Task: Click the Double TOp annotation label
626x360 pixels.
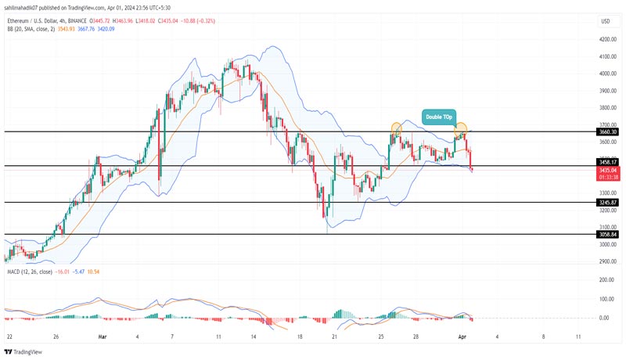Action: point(439,117)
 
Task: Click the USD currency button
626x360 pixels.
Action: point(604,20)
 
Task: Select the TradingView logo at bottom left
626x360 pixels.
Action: point(23,351)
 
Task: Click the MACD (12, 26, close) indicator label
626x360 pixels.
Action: point(30,271)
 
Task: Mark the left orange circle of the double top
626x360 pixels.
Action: point(397,126)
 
